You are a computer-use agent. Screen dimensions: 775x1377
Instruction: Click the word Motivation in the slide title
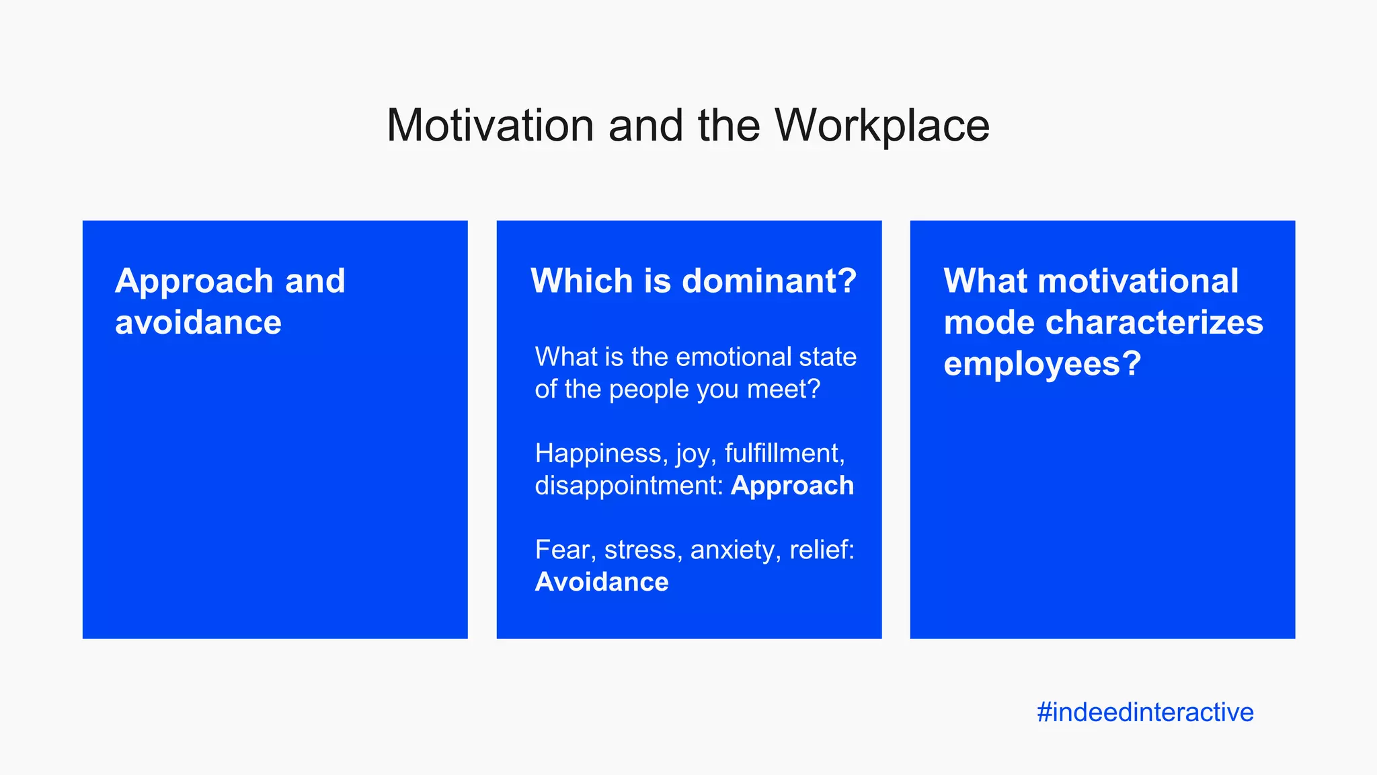[x=490, y=126]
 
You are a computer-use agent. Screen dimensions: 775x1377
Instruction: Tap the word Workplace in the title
[x=882, y=126]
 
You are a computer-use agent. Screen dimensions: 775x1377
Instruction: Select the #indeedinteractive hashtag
[x=1145, y=712]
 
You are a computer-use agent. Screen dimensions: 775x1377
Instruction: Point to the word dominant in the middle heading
[x=769, y=281]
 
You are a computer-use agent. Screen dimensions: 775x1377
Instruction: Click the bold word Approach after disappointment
[x=792, y=486]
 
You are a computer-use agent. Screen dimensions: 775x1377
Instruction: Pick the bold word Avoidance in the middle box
[x=602, y=582]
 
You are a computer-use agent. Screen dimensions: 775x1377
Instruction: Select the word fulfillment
[x=784, y=453]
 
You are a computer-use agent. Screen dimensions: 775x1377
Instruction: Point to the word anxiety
[x=736, y=550]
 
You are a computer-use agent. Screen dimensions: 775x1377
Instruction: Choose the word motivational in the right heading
[x=1138, y=281]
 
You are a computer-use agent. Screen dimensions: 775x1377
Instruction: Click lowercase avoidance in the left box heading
[x=198, y=322]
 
